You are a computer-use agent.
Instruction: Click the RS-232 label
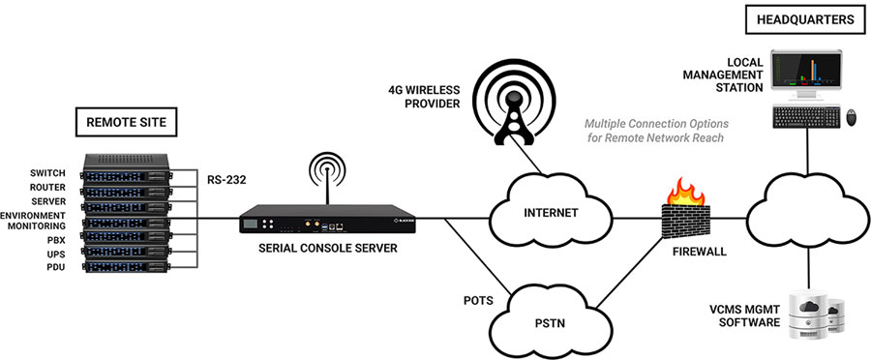(230, 178)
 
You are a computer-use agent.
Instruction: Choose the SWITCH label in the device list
(46, 173)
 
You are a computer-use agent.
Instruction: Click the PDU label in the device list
(53, 266)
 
